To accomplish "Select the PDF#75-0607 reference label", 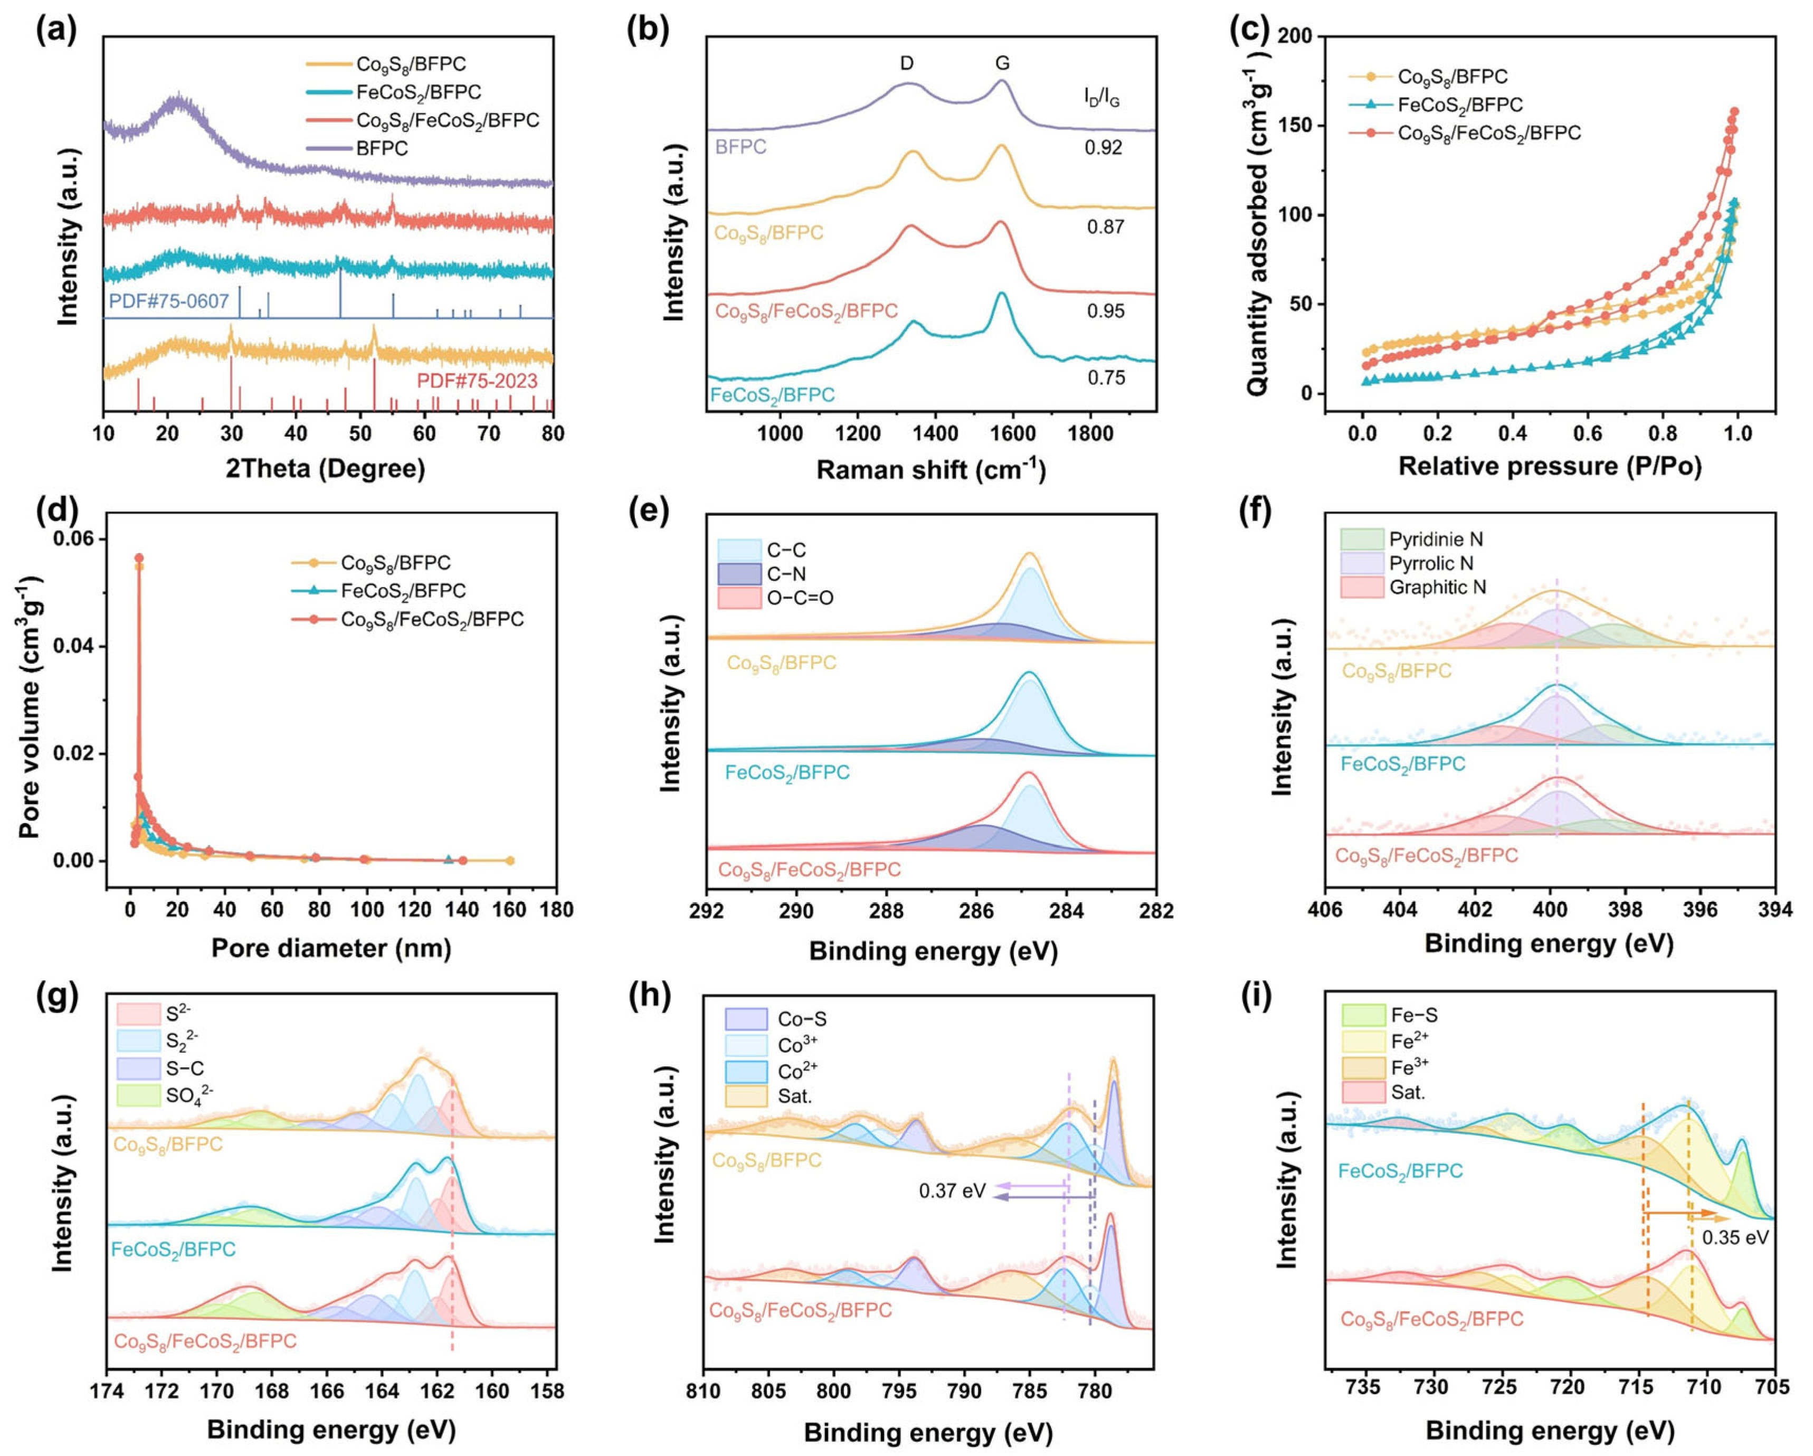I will (169, 301).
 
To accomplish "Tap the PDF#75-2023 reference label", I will (477, 381).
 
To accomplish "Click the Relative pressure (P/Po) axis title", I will (1549, 467).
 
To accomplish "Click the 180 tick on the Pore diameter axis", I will (556, 910).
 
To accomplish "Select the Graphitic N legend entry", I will (1437, 587).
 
